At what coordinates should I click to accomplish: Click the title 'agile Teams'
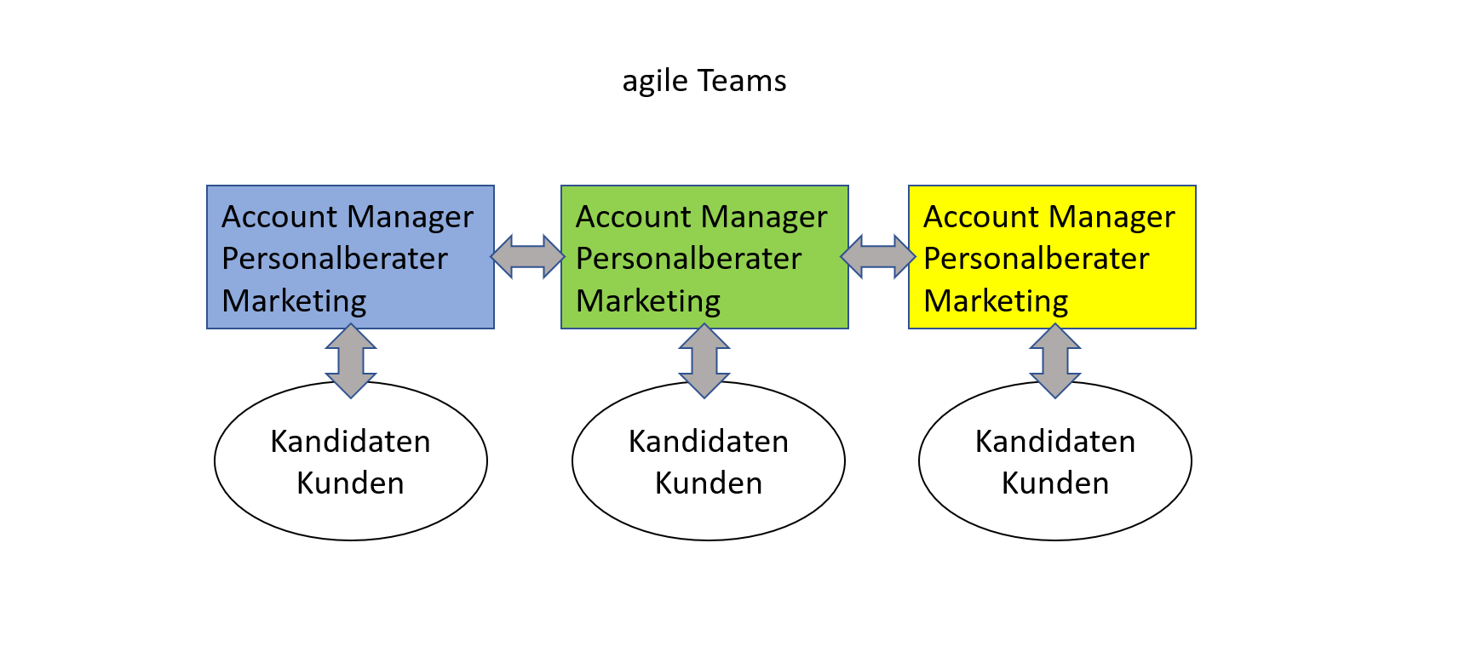pos(704,81)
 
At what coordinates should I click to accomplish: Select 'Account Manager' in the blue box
pos(348,217)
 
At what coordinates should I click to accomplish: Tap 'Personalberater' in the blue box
pos(335,259)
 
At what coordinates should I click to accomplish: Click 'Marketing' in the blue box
pos(294,300)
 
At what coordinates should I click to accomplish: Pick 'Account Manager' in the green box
pos(702,217)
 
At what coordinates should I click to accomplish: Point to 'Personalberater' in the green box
pos(689,259)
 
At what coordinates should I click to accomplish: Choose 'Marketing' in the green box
pos(648,300)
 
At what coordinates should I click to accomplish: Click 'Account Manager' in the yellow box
pos(1049,217)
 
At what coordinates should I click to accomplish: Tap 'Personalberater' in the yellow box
pos(1037,259)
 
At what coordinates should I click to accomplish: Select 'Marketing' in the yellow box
pos(996,300)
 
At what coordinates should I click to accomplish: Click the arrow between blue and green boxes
pos(528,256)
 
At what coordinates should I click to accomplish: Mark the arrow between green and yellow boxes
pos(878,256)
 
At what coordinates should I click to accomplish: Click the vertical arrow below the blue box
pos(351,361)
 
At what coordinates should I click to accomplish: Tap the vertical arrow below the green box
pos(704,361)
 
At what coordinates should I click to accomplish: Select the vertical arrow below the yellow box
pos(1055,361)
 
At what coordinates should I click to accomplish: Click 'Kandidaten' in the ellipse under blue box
pos(350,442)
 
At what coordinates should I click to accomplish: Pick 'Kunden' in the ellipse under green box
pos(709,483)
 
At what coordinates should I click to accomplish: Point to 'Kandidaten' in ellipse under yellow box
pos(1055,442)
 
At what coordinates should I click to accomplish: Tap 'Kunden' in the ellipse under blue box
pos(350,483)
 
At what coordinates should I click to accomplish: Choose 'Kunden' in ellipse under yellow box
pos(1055,483)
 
